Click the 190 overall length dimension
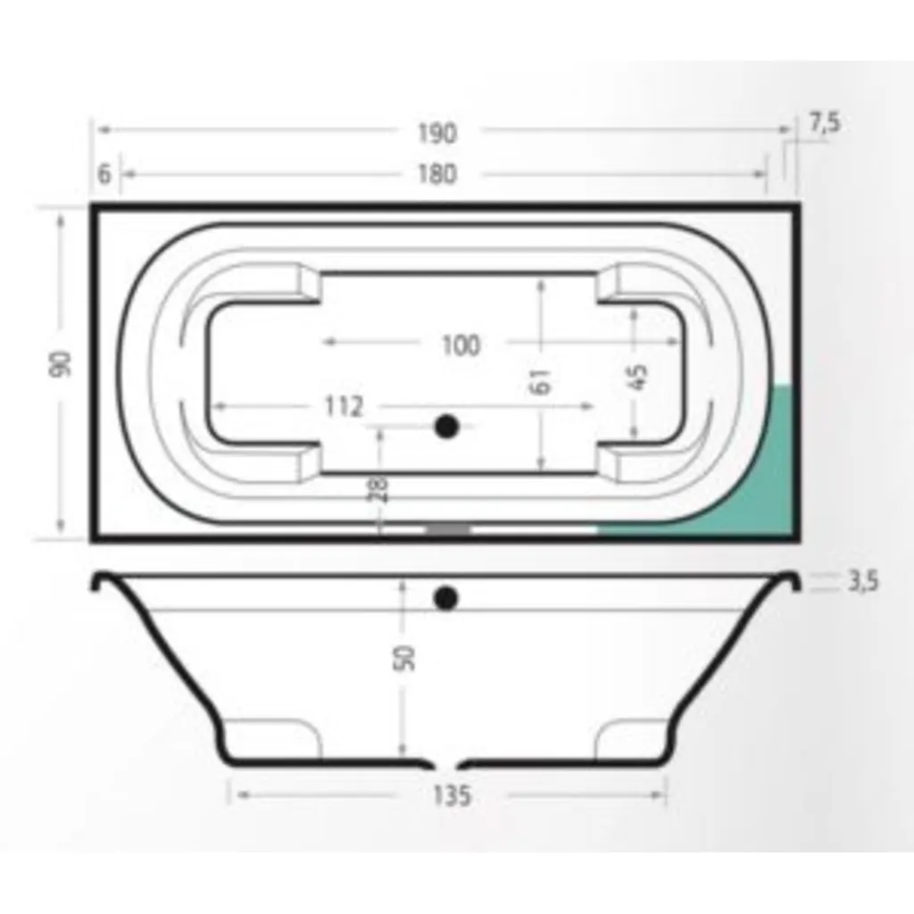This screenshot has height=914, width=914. click(x=437, y=133)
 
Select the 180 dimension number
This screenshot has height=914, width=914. click(x=437, y=174)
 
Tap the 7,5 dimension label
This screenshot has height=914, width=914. click(x=825, y=123)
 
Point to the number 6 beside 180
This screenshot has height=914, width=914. click(x=104, y=174)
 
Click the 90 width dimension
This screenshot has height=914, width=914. click(x=61, y=364)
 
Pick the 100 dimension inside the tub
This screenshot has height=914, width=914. click(x=461, y=345)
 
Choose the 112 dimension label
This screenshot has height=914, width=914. click(x=344, y=406)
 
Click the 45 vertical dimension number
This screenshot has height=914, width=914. click(x=639, y=378)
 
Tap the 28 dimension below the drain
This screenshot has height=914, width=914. click(x=378, y=488)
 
